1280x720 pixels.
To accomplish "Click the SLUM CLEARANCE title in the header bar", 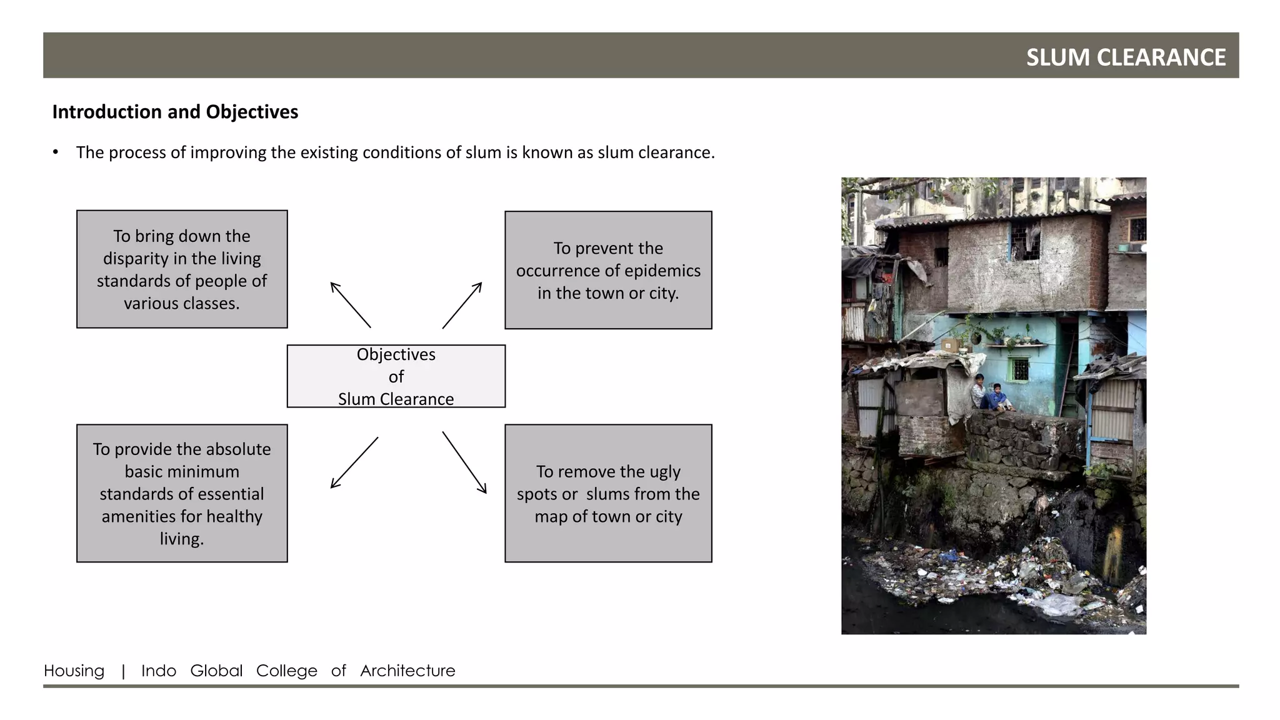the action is (x=1126, y=57).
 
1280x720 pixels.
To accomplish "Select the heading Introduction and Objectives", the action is (x=175, y=112).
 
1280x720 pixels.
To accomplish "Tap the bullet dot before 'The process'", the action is (x=56, y=152).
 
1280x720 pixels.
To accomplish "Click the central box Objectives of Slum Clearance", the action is (x=396, y=376).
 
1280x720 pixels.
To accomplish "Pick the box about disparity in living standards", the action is (x=182, y=269).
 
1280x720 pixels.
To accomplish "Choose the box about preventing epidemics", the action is (x=608, y=270).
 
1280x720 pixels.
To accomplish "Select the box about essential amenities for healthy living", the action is (x=182, y=493).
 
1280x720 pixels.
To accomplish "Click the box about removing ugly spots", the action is (x=608, y=493).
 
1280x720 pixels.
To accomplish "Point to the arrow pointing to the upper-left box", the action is (x=351, y=305).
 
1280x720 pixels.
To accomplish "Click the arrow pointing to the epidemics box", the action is (x=462, y=305).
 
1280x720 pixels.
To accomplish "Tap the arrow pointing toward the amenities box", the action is (x=354, y=462).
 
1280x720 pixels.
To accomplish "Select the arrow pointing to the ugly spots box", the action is (x=464, y=462).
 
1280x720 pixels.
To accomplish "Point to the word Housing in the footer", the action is (x=74, y=671).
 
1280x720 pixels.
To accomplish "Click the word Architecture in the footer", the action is (x=407, y=671).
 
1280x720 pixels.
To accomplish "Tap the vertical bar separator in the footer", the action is (x=123, y=671).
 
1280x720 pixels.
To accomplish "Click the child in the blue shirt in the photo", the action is (x=996, y=397).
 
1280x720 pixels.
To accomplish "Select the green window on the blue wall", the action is (x=1019, y=369).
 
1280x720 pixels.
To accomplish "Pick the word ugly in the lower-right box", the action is (x=664, y=472).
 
